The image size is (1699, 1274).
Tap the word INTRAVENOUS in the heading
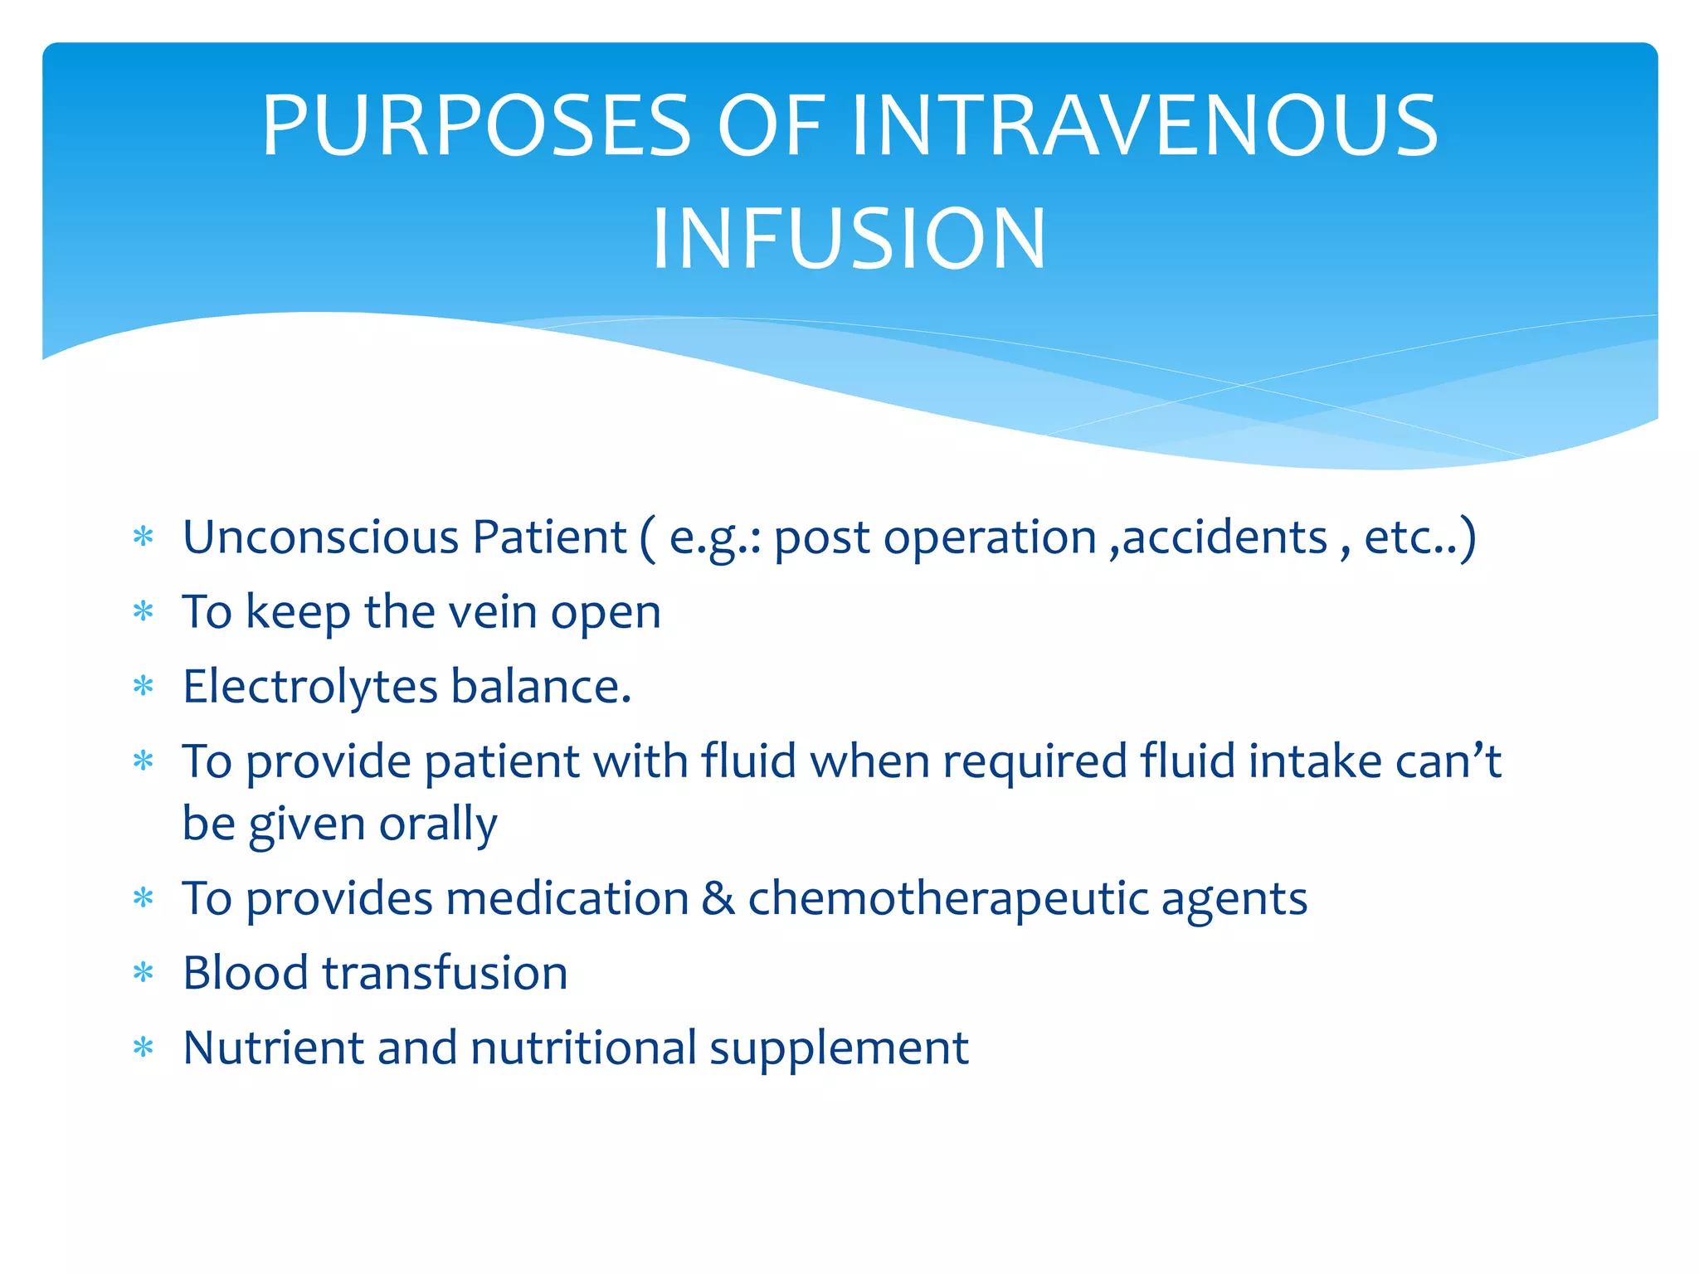point(1145,125)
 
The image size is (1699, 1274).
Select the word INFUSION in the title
point(849,239)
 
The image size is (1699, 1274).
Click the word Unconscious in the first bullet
point(320,537)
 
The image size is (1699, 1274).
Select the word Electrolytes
point(310,687)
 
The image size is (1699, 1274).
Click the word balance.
point(541,687)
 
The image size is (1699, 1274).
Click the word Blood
point(245,973)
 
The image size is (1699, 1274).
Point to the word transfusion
point(445,973)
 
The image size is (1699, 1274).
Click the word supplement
point(839,1048)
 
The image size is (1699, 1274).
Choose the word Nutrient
point(273,1048)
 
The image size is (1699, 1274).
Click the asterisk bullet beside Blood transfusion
point(144,973)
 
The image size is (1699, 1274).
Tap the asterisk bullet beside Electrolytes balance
point(144,687)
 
